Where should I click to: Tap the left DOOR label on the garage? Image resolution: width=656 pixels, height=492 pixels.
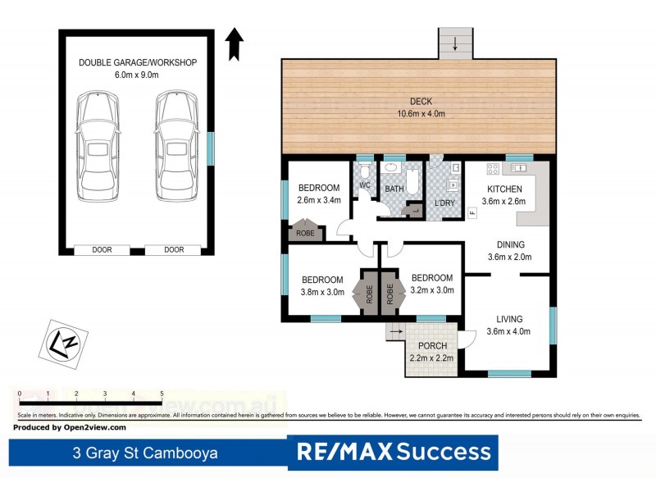[x=101, y=249]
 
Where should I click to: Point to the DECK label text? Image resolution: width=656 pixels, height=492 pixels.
[x=416, y=102]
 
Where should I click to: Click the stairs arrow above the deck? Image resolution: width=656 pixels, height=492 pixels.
[x=454, y=43]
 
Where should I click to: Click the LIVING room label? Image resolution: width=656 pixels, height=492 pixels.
[x=509, y=319]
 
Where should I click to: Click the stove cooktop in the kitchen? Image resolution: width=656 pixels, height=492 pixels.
[x=494, y=170]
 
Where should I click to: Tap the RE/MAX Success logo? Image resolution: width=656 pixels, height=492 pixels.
[x=393, y=452]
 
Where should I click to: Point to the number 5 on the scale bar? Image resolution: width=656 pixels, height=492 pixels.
[x=162, y=394]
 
